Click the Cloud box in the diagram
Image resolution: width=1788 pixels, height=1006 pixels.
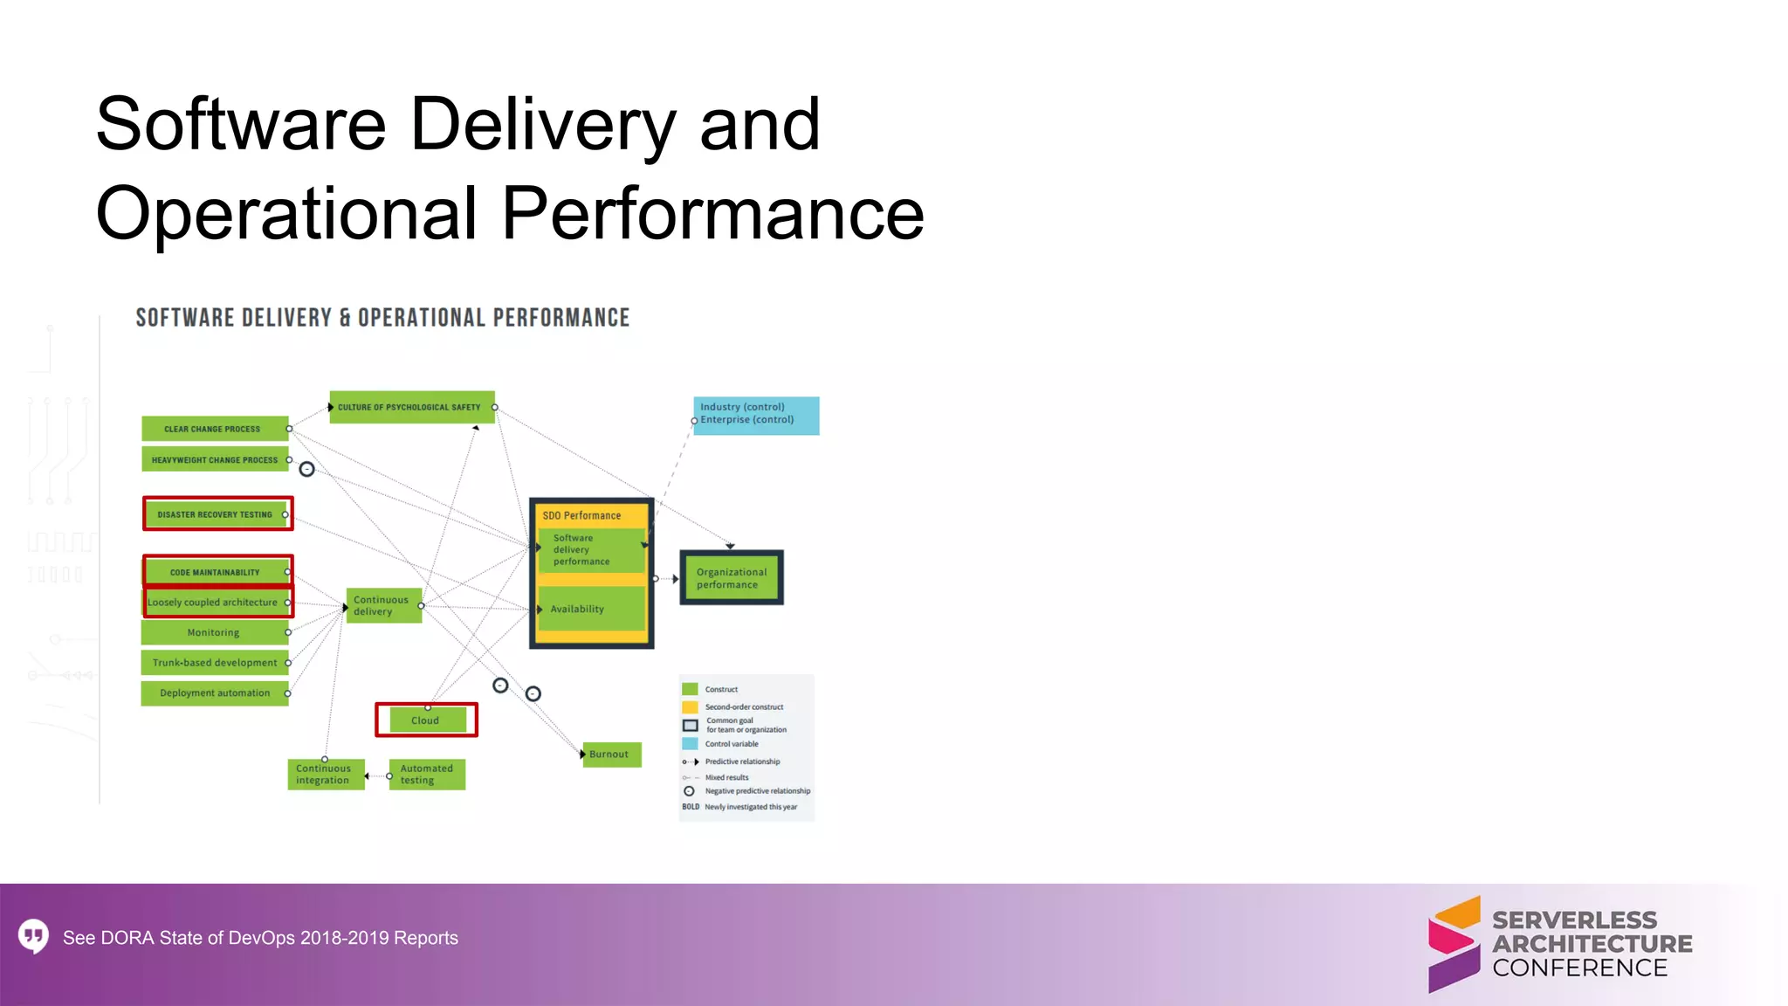point(426,720)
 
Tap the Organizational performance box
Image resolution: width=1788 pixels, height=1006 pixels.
point(732,578)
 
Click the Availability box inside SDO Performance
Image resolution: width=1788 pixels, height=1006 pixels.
point(590,609)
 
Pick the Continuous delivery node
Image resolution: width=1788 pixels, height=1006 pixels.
point(383,606)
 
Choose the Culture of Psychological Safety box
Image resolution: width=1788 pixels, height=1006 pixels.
point(411,407)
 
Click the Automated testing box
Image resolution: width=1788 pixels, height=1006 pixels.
point(427,775)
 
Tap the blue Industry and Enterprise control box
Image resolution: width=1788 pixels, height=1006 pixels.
point(756,415)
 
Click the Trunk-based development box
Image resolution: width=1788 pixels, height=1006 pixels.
point(215,663)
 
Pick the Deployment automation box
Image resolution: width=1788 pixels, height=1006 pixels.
point(215,693)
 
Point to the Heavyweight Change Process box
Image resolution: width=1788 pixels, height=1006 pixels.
point(215,459)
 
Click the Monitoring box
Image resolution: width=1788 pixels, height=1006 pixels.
point(215,632)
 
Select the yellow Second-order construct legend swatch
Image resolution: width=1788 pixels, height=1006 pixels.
point(690,707)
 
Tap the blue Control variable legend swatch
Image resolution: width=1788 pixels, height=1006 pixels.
point(690,744)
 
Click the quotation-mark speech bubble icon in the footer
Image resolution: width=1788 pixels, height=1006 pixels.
point(34,937)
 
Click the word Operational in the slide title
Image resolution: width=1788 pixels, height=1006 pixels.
point(287,214)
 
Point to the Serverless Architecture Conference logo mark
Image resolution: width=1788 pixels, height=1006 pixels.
point(1454,944)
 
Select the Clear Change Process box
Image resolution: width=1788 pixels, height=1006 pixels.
point(215,429)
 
